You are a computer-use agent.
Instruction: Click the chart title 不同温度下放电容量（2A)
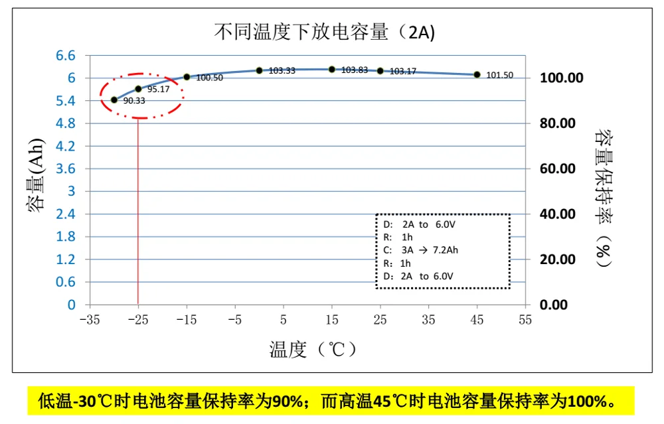[x=325, y=31]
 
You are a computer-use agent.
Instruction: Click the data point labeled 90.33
[x=114, y=100]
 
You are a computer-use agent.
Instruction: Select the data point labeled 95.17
[x=138, y=88]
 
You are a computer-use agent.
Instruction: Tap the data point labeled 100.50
[x=187, y=77]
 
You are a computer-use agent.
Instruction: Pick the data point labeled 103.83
[x=332, y=69]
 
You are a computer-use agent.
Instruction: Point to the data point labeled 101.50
[x=477, y=74]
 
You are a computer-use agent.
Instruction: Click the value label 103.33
[x=282, y=70]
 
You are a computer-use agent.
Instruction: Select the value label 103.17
[x=402, y=71]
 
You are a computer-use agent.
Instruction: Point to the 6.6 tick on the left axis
[x=66, y=55]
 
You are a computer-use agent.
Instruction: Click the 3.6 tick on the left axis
[x=66, y=169]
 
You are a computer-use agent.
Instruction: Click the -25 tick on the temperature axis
[x=137, y=319]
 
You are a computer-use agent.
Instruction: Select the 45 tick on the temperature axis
[x=477, y=319]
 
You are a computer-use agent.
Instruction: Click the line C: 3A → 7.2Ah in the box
[x=422, y=249]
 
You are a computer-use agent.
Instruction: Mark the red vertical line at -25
[x=137, y=219]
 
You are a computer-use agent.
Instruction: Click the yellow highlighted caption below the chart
[x=331, y=401]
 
